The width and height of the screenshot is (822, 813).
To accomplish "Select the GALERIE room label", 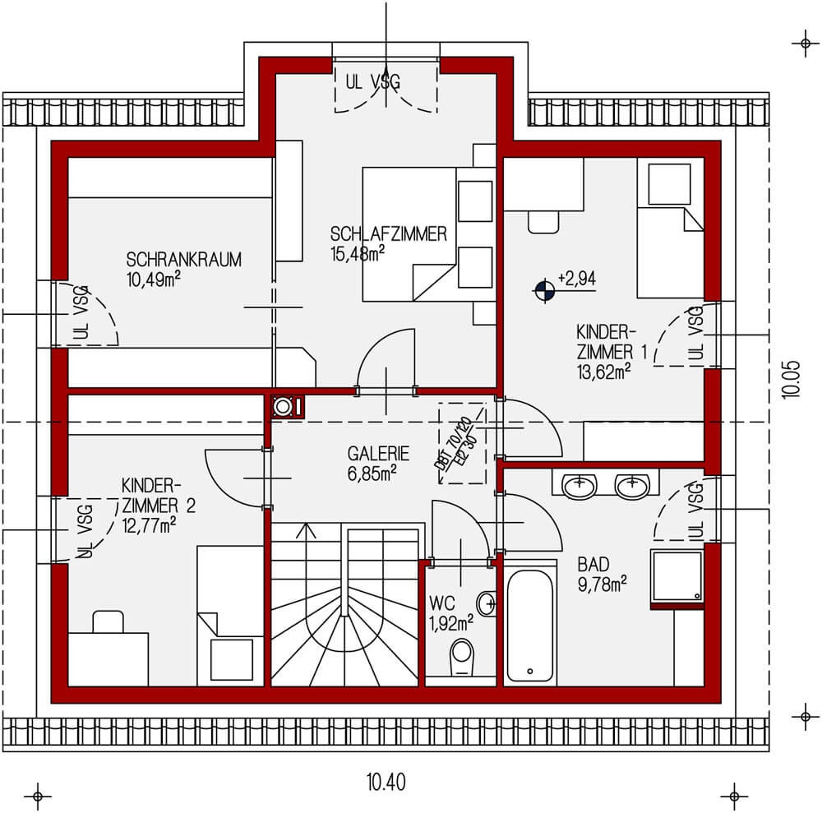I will [378, 453].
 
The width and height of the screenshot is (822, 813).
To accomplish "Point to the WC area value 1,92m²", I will [450, 622].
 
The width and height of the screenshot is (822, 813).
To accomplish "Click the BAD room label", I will [593, 565].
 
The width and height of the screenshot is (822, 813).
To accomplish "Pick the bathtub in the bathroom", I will [529, 626].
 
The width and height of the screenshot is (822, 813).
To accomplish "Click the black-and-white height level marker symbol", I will [543, 289].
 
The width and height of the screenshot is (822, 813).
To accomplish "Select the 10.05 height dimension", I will [791, 380].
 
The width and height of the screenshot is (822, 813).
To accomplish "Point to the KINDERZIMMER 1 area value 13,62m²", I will [604, 370].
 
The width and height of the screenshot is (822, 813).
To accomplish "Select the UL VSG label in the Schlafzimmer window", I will [385, 81].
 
